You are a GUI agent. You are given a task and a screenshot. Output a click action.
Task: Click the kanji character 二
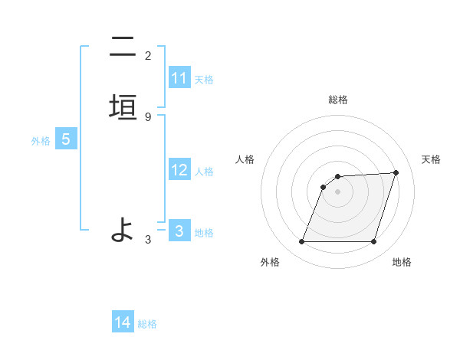(123, 47)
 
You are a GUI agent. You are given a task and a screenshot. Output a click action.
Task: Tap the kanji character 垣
(123, 107)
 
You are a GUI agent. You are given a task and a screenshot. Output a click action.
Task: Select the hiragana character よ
(123, 229)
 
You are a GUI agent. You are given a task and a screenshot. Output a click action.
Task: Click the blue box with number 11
(179, 78)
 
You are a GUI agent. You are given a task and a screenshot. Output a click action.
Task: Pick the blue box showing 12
(179, 170)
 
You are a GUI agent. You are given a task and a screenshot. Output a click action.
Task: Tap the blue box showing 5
(66, 140)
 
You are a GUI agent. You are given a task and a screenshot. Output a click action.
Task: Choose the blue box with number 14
(123, 322)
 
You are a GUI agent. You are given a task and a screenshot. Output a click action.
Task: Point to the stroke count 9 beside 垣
(148, 116)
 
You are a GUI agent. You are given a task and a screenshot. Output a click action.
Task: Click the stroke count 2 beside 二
(148, 56)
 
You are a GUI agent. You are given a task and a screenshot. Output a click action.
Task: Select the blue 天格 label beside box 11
(204, 79)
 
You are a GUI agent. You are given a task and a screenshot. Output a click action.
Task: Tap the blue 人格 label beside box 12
(204, 171)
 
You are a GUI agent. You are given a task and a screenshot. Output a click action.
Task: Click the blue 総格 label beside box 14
(147, 324)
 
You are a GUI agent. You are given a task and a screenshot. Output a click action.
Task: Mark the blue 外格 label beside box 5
(41, 141)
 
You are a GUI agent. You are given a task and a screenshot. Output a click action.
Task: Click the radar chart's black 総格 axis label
(338, 100)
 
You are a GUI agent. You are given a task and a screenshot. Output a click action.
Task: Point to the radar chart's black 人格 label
(245, 159)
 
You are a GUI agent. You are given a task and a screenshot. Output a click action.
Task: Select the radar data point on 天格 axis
(396, 172)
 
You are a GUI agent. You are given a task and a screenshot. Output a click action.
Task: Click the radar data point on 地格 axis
(374, 242)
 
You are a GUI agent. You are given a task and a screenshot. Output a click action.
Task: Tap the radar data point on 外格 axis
(302, 242)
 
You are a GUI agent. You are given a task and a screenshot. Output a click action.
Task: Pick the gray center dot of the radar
(338, 191)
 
